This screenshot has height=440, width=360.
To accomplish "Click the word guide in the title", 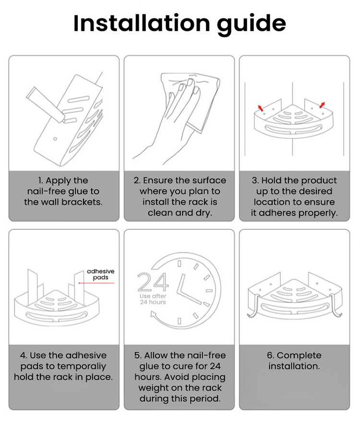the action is (x=252, y=24).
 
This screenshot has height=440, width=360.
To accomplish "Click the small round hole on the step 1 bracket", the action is (x=55, y=139).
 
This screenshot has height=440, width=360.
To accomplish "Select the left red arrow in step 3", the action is (x=261, y=108).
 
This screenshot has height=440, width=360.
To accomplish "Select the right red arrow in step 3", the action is (x=322, y=105).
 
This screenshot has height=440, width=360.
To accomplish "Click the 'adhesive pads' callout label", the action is (x=100, y=274).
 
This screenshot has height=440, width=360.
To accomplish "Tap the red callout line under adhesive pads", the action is (x=96, y=283).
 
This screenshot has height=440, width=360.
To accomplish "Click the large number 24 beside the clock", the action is (x=153, y=282).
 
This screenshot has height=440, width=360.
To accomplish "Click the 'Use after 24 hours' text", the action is (x=153, y=299).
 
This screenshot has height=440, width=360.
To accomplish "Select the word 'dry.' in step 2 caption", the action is (x=204, y=213).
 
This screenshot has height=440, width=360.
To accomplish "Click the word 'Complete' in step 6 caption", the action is (x=299, y=356).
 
